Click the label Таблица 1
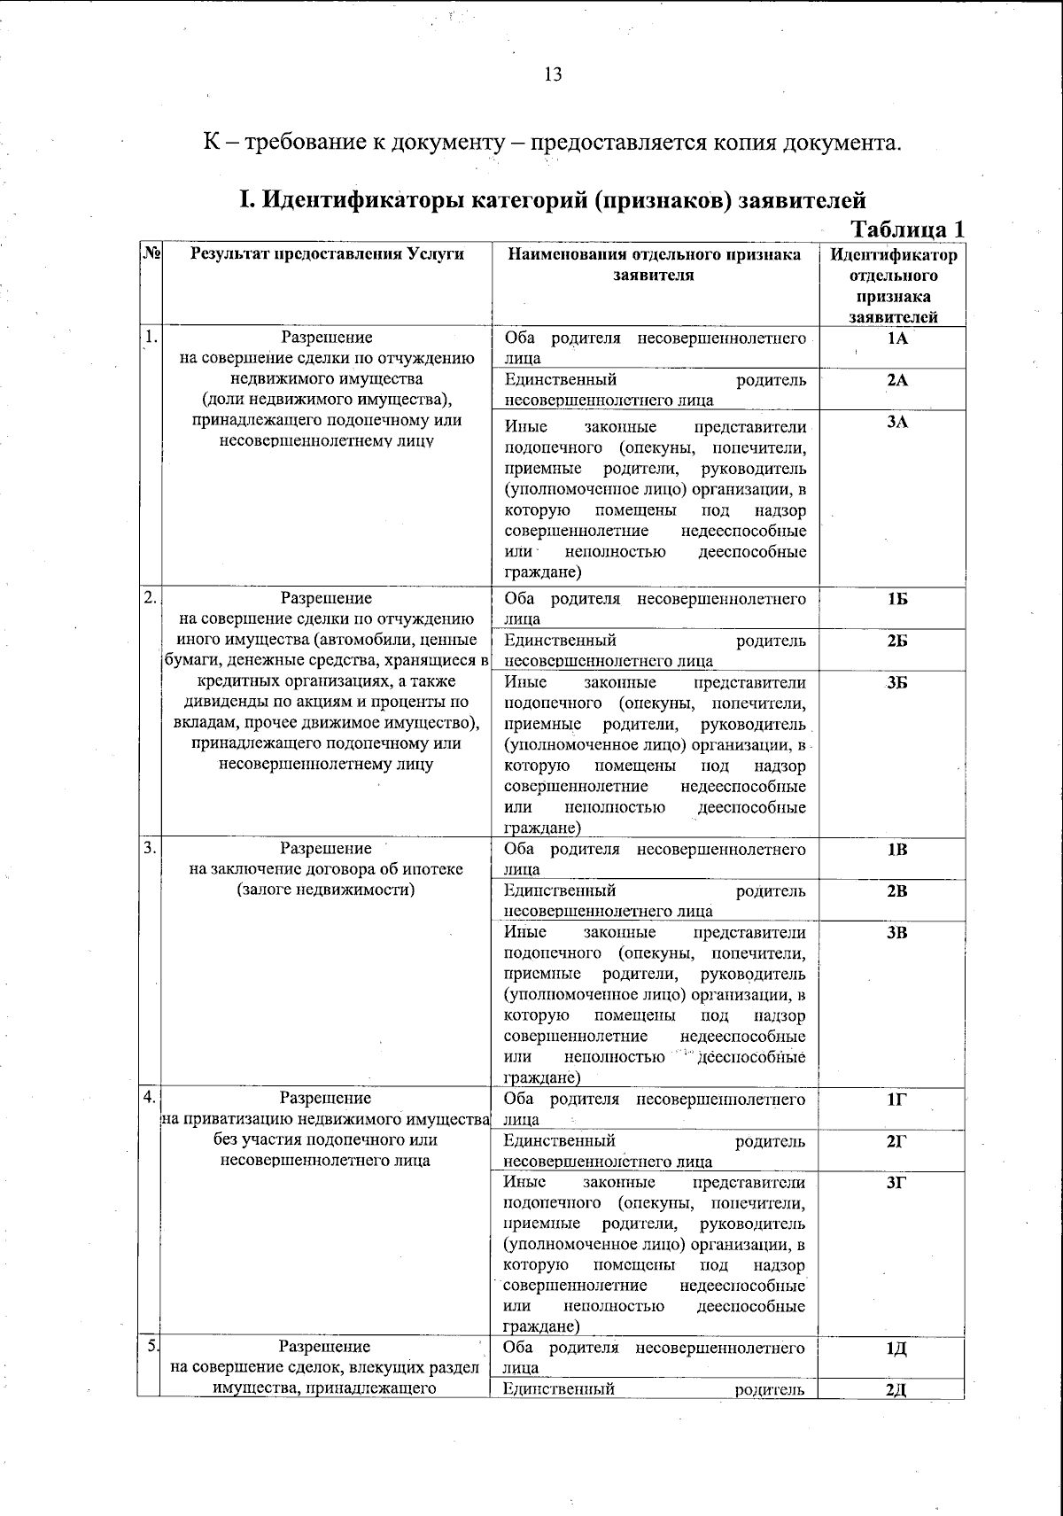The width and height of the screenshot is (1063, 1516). click(x=907, y=229)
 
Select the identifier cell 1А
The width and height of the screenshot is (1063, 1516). click(x=896, y=338)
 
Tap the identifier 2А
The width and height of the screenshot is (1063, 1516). click(x=896, y=380)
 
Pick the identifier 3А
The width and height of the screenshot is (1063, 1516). click(x=896, y=422)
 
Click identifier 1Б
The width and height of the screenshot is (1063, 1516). click(x=896, y=599)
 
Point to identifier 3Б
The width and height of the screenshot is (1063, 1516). click(x=896, y=682)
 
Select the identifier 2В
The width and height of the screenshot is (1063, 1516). click(x=896, y=891)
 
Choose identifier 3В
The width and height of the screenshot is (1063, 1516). click(x=896, y=932)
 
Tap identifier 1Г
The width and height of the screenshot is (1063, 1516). click(x=896, y=1100)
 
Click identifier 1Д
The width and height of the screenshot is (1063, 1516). click(x=896, y=1349)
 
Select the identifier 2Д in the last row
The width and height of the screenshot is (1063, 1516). click(x=896, y=1388)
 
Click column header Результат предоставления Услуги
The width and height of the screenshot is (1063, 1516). click(x=326, y=254)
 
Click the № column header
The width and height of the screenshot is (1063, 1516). click(x=150, y=254)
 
